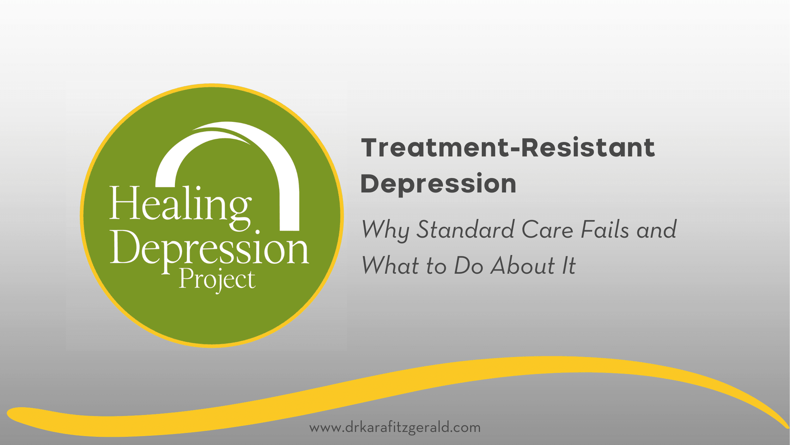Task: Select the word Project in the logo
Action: point(217,280)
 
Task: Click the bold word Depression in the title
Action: point(438,184)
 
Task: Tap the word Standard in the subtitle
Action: point(466,230)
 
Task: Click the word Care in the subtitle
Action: point(547,230)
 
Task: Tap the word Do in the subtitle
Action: point(468,266)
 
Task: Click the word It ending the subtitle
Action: point(569,266)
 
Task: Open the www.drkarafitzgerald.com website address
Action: point(395,428)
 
